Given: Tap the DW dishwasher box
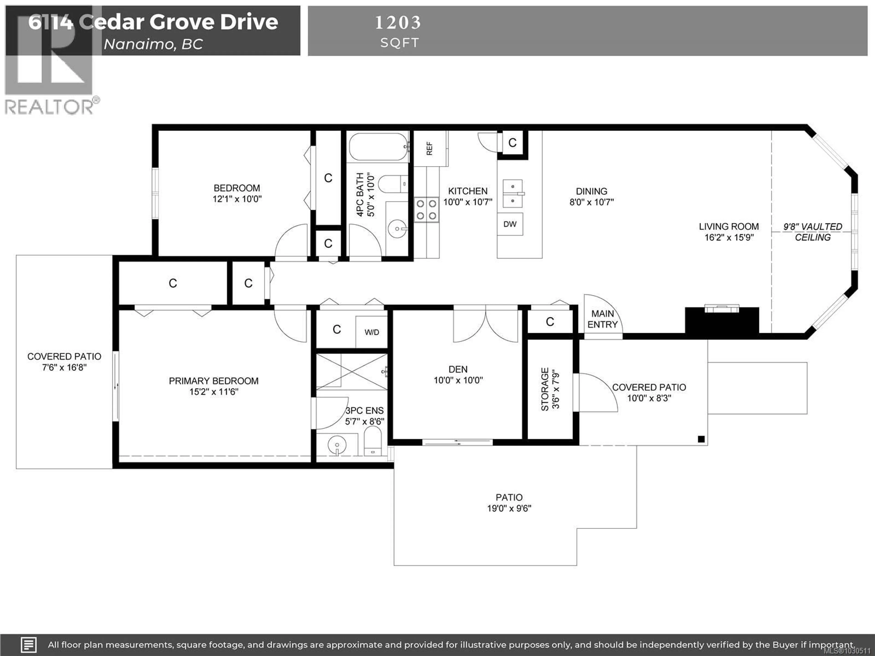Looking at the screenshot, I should click(510, 224).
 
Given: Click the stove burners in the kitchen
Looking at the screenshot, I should click(426, 210).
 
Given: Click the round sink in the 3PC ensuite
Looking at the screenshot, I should click(337, 446).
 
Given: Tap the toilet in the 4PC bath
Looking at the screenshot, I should click(392, 184).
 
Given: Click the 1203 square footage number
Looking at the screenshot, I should click(398, 23).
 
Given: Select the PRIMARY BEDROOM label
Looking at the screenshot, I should click(214, 381).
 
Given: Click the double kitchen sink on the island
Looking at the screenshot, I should click(513, 194).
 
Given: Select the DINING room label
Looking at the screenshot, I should click(591, 191).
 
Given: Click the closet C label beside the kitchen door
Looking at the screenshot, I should click(512, 143).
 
